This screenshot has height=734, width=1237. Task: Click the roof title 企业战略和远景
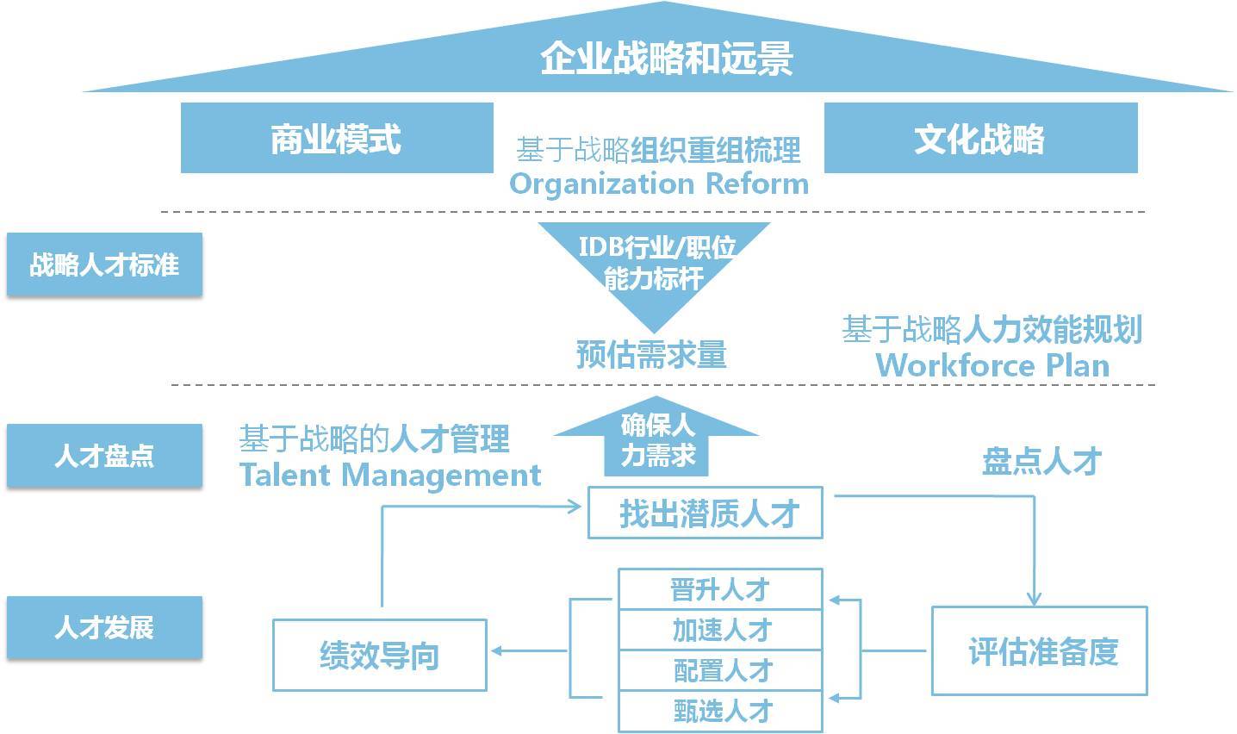click(666, 59)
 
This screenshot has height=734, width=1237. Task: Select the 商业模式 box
click(336, 139)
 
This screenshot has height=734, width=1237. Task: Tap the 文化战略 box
click(980, 139)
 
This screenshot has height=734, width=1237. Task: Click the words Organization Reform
click(659, 183)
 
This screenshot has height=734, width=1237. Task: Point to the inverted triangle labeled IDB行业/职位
click(655, 263)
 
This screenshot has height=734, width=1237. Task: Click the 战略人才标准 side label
click(104, 264)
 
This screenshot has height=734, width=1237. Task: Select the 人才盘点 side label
click(104, 456)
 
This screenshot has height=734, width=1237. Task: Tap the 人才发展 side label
click(104, 627)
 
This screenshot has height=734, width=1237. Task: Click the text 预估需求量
click(652, 354)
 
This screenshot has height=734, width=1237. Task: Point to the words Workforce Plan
click(992, 365)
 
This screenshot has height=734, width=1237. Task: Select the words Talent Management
click(390, 475)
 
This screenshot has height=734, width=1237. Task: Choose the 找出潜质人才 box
click(706, 513)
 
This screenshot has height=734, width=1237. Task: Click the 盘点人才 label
click(1041, 461)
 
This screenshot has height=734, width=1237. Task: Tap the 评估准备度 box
click(1039, 651)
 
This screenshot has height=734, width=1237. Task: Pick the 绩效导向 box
click(379, 655)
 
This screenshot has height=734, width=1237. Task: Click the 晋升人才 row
click(720, 590)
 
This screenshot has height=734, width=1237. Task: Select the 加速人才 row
click(720, 630)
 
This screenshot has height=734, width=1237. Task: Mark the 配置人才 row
click(720, 670)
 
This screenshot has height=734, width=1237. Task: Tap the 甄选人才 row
click(720, 711)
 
